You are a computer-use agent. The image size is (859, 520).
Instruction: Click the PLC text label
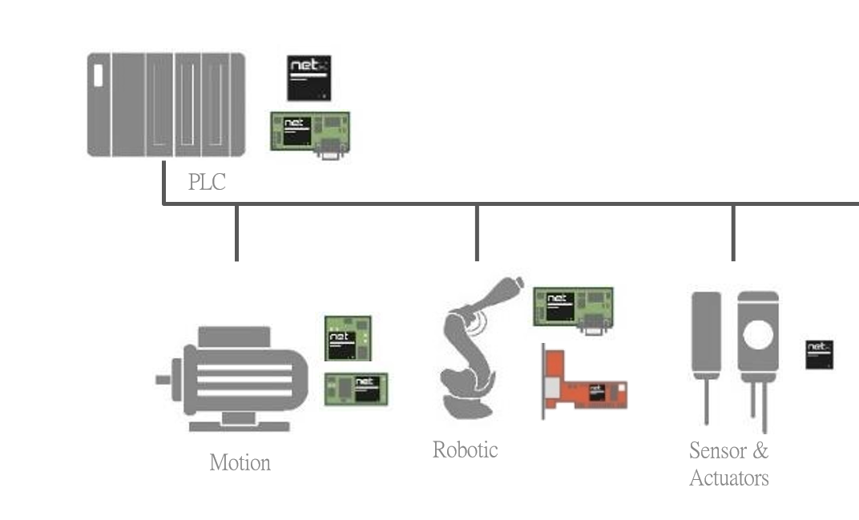tap(207, 183)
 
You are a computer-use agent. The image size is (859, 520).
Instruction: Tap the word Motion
tap(240, 462)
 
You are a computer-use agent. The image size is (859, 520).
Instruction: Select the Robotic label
tap(465, 449)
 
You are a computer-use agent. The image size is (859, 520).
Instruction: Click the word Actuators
tap(728, 478)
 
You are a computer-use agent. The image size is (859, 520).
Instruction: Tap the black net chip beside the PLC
tap(309, 78)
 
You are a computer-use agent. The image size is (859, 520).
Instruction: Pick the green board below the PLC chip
tap(310, 132)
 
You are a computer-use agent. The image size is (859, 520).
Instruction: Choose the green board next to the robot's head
tap(573, 308)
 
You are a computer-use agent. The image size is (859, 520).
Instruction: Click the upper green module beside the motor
tap(348, 338)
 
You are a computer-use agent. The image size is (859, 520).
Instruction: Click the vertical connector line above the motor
tap(236, 232)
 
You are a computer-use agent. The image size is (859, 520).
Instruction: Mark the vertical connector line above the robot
tap(477, 232)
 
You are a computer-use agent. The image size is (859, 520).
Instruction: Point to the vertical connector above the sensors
tap(733, 232)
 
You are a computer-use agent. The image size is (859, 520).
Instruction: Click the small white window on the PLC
tap(98, 75)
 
